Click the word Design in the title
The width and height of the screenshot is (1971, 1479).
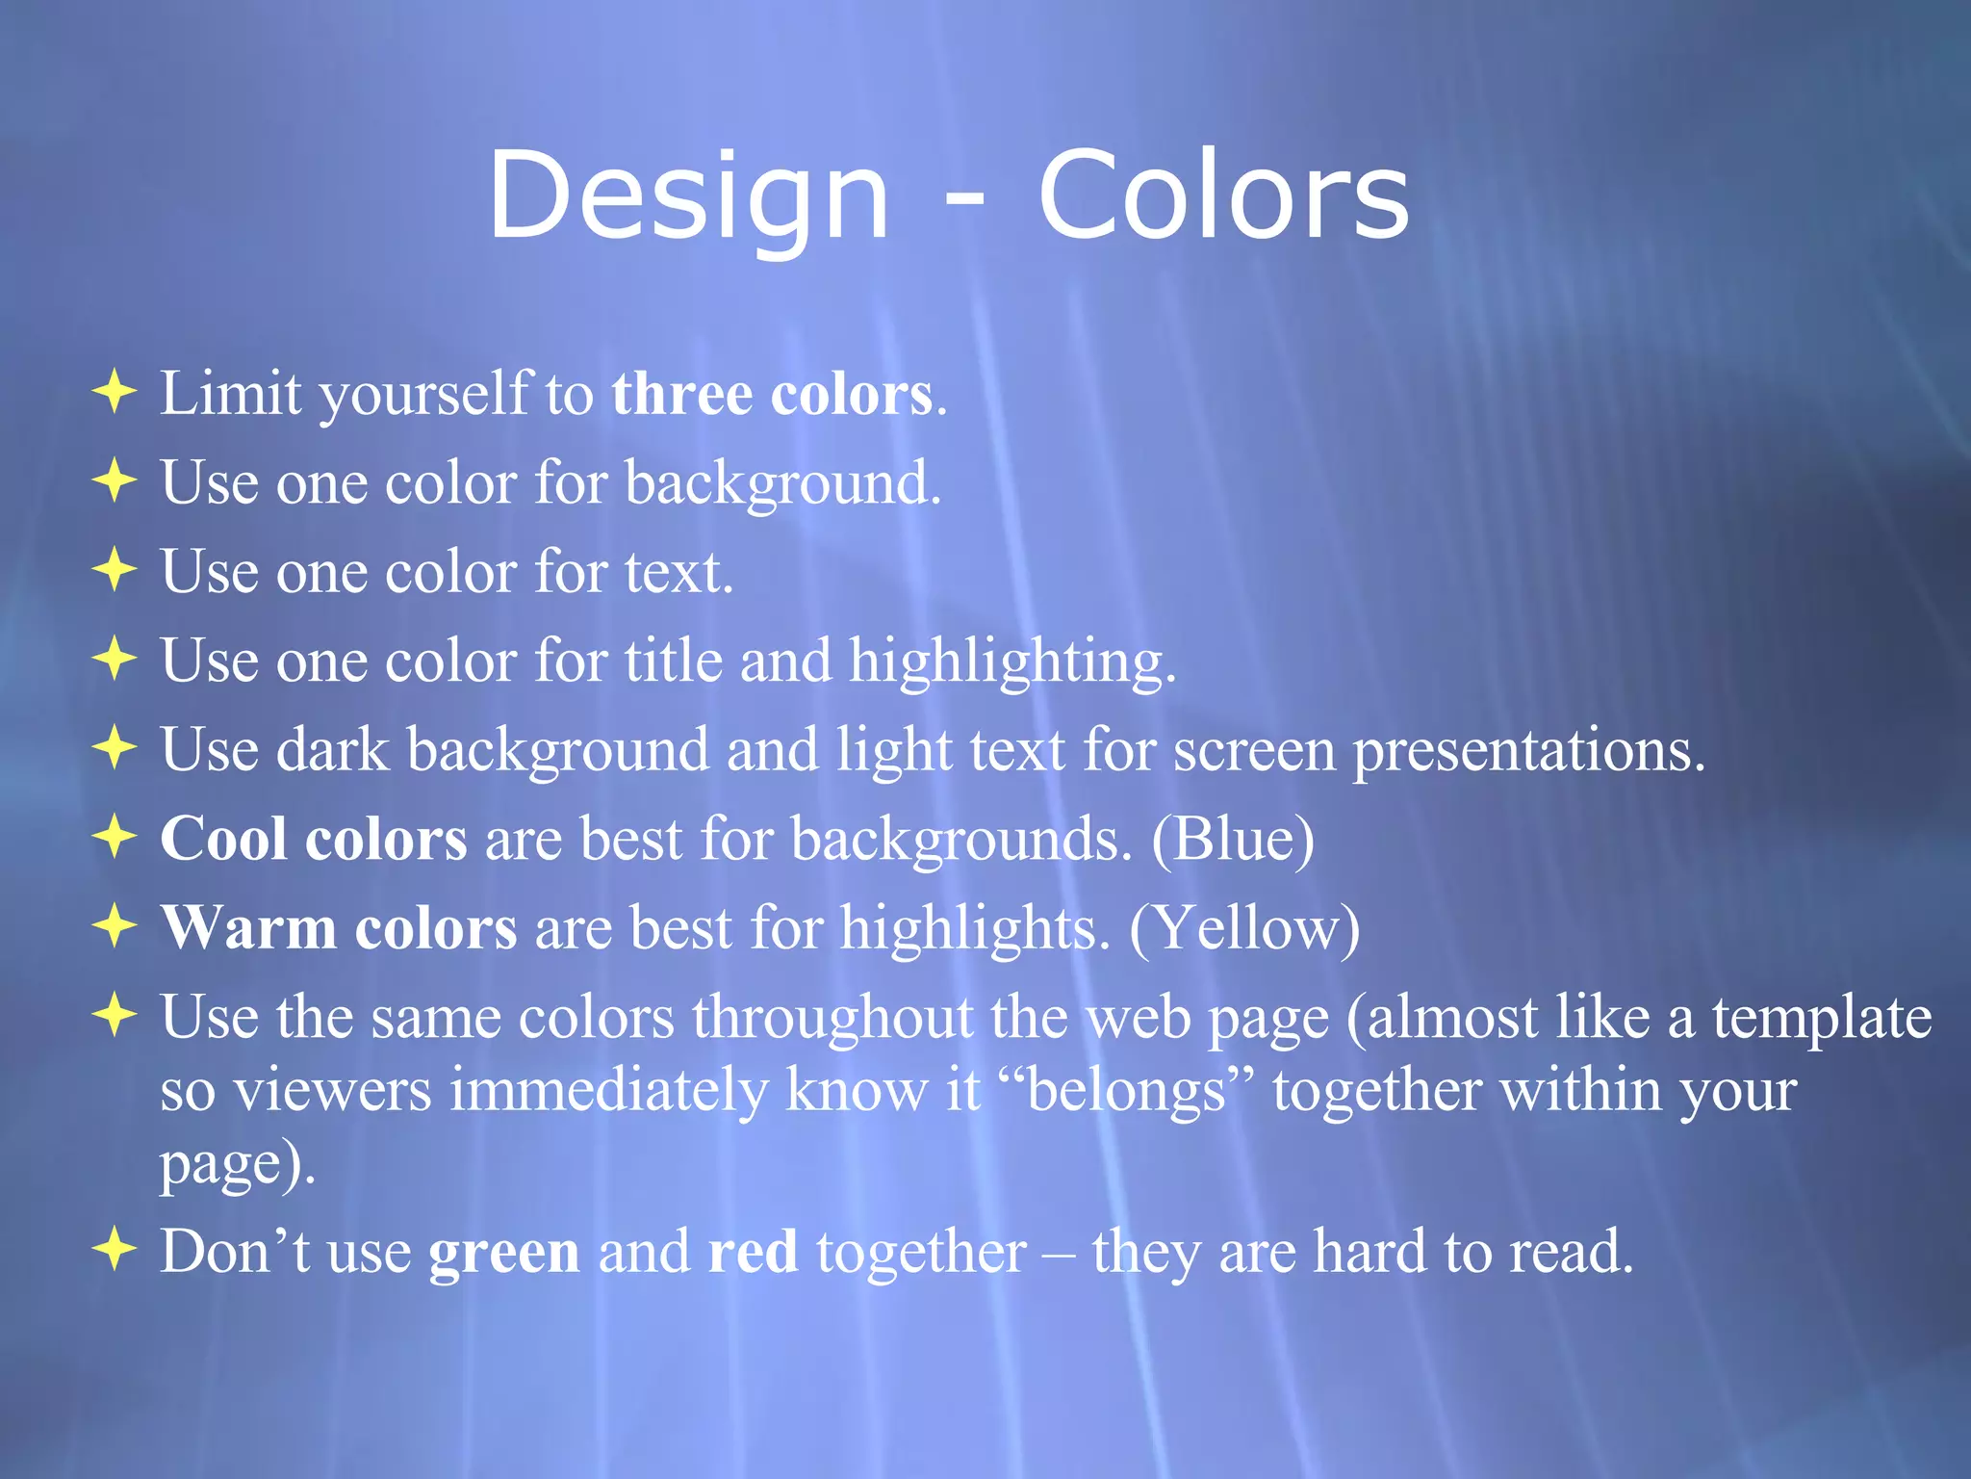coord(688,197)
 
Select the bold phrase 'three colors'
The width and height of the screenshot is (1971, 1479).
coord(772,394)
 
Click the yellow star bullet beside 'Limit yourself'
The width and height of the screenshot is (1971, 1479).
coord(115,393)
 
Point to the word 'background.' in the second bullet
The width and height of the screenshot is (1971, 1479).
coord(782,483)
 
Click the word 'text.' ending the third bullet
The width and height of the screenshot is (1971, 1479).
coord(678,572)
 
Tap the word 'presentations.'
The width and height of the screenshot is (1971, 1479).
coord(1529,751)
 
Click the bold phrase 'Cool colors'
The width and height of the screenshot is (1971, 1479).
coord(314,839)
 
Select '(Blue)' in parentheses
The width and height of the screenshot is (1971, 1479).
coord(1233,840)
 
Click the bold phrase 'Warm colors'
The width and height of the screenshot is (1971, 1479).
coord(339,928)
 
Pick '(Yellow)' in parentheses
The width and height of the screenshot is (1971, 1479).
coord(1244,929)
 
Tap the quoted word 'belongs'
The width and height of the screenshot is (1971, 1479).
coord(1126,1091)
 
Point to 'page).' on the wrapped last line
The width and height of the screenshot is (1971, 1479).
coord(238,1164)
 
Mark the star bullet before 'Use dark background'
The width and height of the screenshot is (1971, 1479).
coord(115,748)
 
